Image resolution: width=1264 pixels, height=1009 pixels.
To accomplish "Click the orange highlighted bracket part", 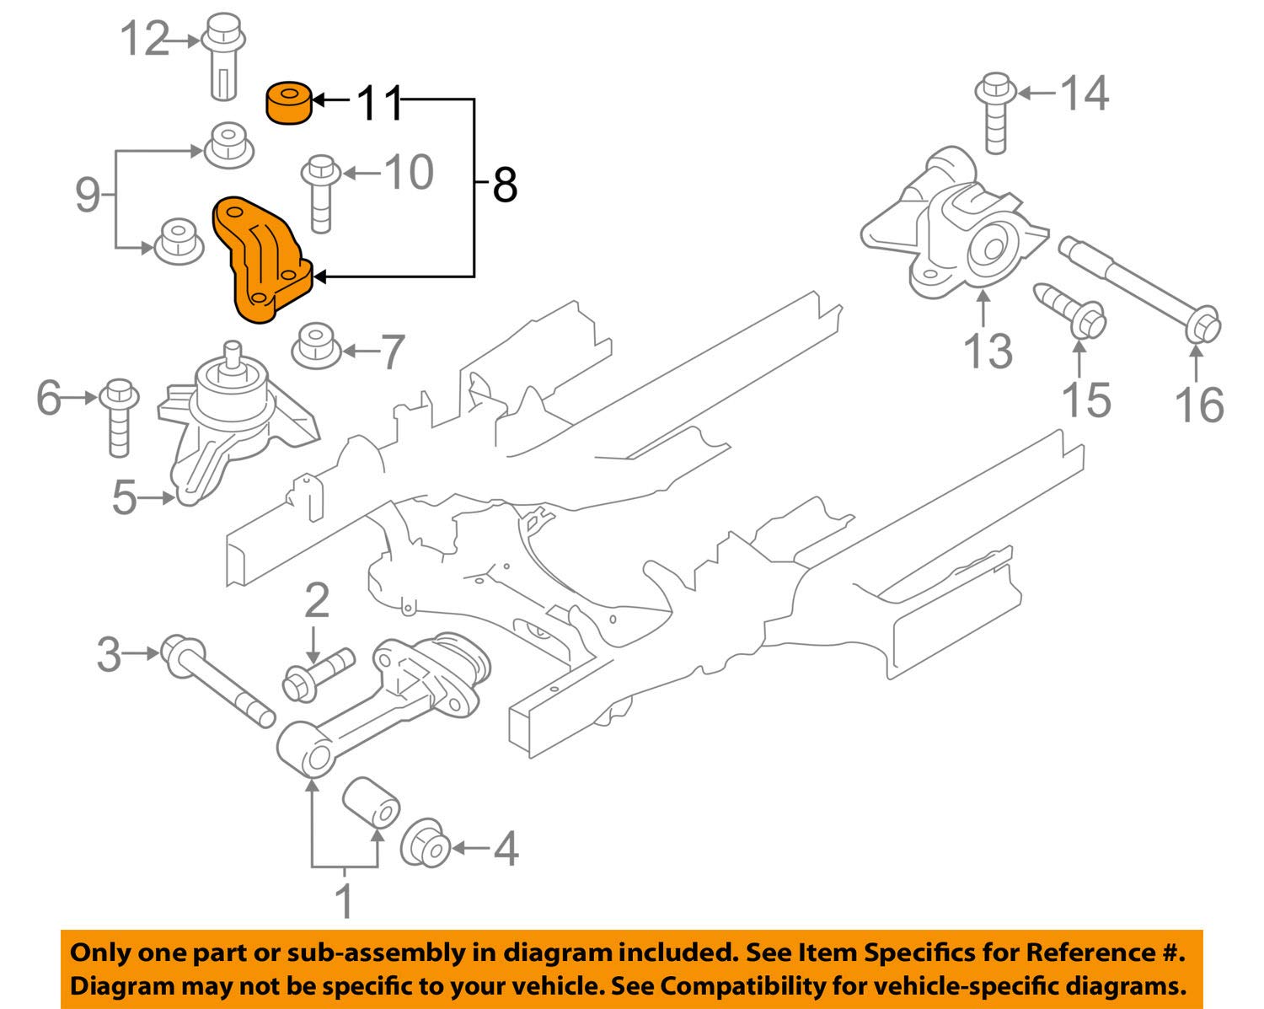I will click(x=262, y=261).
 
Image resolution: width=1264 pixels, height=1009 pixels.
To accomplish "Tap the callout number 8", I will click(x=504, y=184).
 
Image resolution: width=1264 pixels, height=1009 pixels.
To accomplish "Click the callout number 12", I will click(x=145, y=38).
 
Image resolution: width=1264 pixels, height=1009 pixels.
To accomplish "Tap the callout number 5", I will click(x=124, y=497).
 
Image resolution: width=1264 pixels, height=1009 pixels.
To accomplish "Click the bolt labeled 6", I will click(x=119, y=416).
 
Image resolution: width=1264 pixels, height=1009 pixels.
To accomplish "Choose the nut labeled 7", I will click(x=316, y=346).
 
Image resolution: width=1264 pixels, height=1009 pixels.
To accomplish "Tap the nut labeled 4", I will click(x=426, y=844).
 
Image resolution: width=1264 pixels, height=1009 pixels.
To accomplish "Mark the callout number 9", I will click(x=88, y=196).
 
